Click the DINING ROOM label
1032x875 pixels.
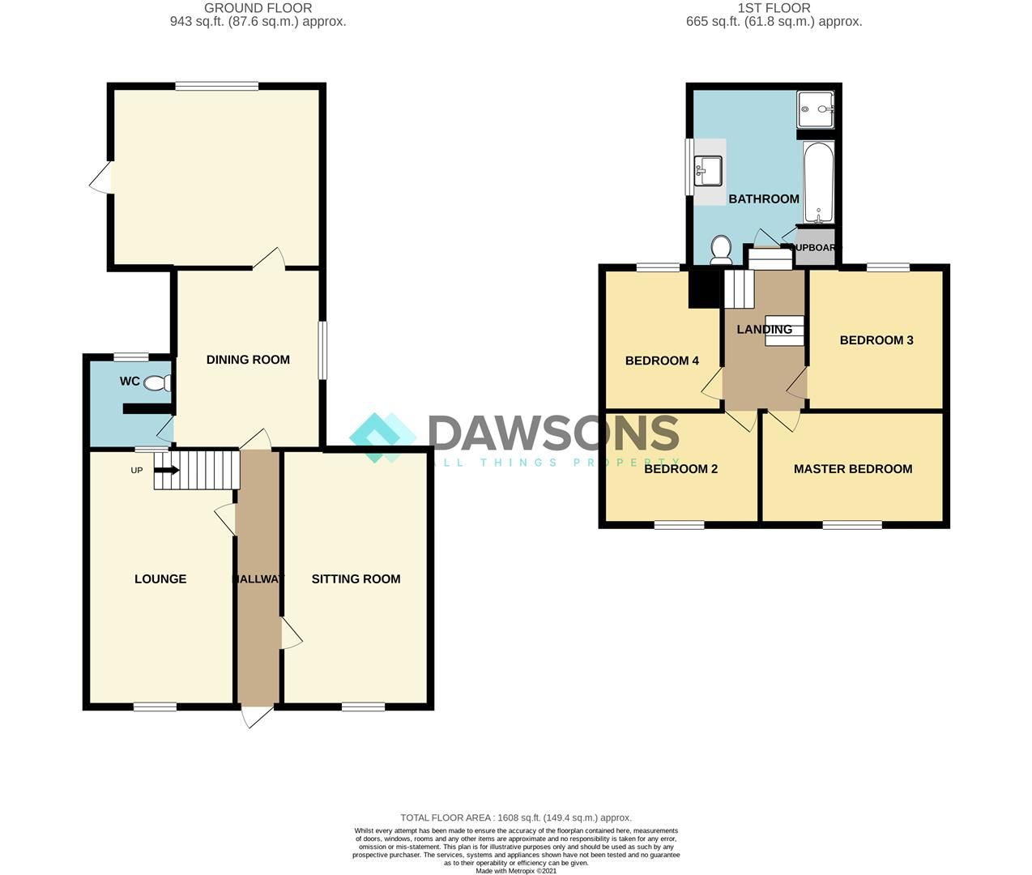tap(248, 360)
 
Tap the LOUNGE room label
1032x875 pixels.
tap(160, 578)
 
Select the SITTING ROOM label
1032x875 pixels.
tap(356, 578)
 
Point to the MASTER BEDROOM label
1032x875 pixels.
tap(852, 469)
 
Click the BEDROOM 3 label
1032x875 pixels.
tap(876, 340)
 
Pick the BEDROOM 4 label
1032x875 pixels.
tap(662, 361)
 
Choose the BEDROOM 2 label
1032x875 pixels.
tap(680, 469)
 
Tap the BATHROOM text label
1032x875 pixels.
tap(763, 199)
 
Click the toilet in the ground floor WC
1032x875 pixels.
tap(156, 383)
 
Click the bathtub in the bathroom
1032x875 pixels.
tap(818, 182)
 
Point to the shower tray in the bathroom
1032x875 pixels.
tap(817, 109)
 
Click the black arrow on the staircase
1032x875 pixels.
tap(167, 469)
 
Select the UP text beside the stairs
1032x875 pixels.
tap(137, 470)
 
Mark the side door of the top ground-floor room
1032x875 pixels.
tap(101, 178)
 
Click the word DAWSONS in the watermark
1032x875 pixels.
tap(553, 433)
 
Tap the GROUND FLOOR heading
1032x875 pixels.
tap(258, 8)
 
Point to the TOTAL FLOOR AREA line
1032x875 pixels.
tap(516, 817)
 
